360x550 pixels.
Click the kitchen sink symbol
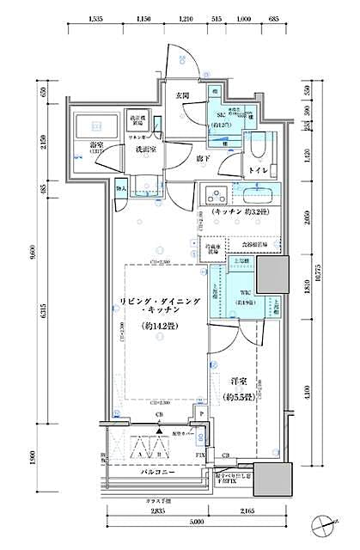tap(262, 192)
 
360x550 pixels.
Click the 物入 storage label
tap(121, 188)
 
